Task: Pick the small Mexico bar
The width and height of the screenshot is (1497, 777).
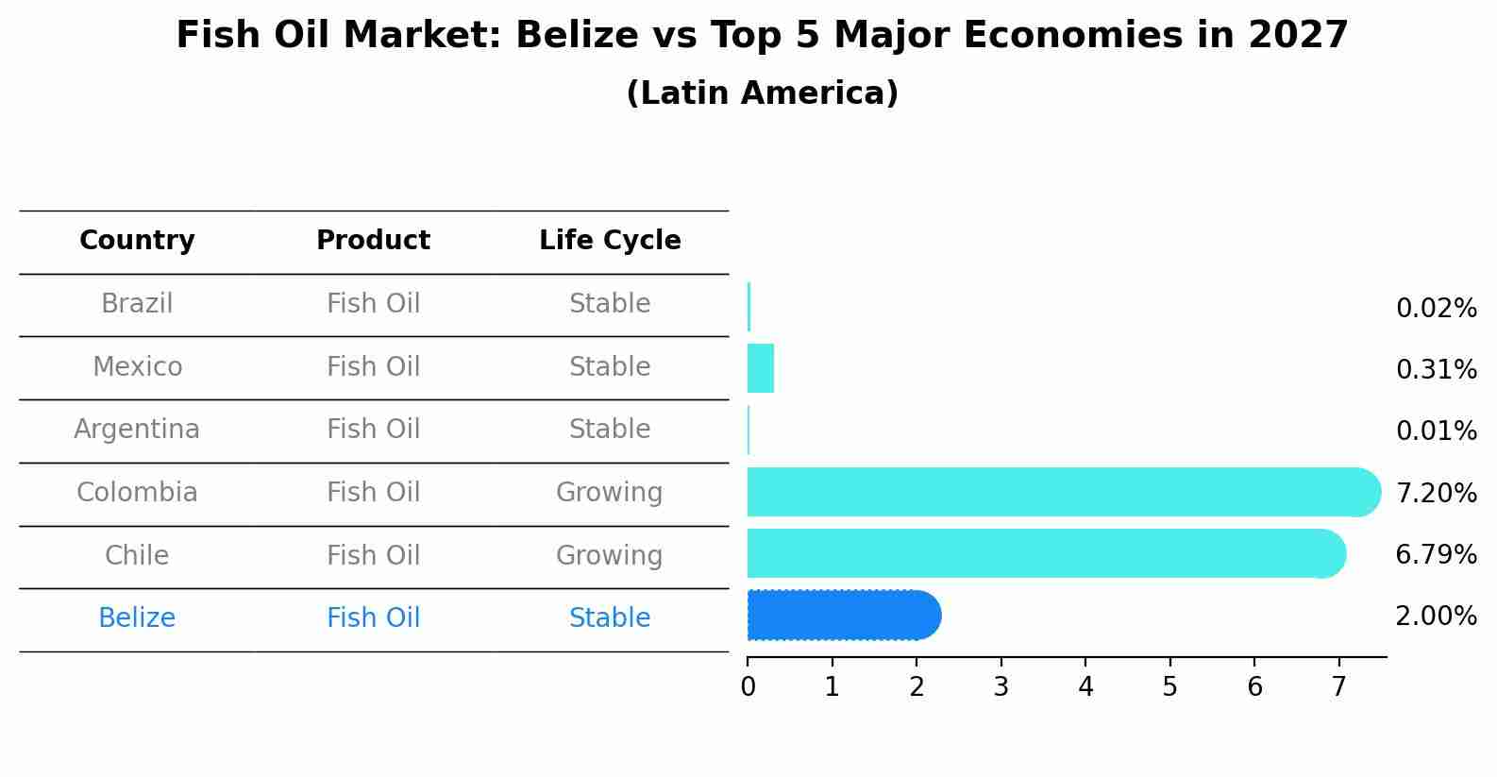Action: coord(761,368)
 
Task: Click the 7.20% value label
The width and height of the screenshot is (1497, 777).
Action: coord(1436,493)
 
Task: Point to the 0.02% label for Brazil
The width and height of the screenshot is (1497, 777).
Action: coord(1436,309)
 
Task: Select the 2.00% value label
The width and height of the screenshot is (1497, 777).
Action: coord(1436,617)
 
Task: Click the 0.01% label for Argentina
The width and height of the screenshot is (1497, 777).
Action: coord(1436,431)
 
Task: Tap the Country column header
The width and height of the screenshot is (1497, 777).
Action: coord(137,241)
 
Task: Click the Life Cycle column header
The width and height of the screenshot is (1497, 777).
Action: coord(610,241)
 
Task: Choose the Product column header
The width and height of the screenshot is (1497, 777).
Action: coord(373,241)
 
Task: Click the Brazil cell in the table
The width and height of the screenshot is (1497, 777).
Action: coord(137,304)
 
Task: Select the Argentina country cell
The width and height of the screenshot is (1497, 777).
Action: coord(137,430)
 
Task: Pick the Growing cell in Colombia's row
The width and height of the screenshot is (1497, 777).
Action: coord(610,493)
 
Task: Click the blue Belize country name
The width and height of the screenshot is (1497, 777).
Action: coord(137,618)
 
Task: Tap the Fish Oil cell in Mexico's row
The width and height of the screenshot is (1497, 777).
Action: coord(373,366)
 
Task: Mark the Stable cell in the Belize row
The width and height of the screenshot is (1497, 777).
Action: coord(610,618)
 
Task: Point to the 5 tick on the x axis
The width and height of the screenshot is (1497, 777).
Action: coord(1169,687)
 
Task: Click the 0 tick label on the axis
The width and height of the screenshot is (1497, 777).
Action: coord(748,687)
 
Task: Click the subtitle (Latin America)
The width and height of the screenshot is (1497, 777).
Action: coord(762,93)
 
